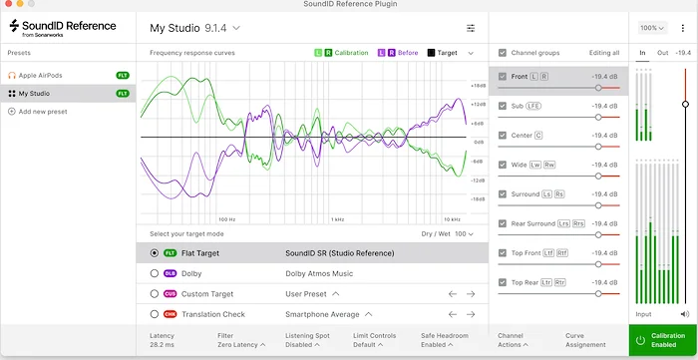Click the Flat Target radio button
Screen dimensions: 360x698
pos(154,253)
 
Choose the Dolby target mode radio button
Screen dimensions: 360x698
pos(154,273)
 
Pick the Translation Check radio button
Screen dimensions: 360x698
pos(154,314)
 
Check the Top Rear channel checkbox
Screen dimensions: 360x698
pos(503,282)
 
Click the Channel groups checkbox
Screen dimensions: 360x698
pos(503,52)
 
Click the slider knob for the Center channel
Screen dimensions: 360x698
pos(598,147)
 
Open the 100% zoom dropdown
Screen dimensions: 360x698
pos(652,28)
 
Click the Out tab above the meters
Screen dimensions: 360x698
pos(661,52)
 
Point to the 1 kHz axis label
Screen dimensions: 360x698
pos(338,218)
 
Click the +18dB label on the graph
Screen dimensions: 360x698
pos(478,86)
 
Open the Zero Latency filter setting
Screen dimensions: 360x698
pos(241,346)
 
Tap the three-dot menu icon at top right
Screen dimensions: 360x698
pos(683,28)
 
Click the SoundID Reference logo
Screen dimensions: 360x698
pos(66,28)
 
